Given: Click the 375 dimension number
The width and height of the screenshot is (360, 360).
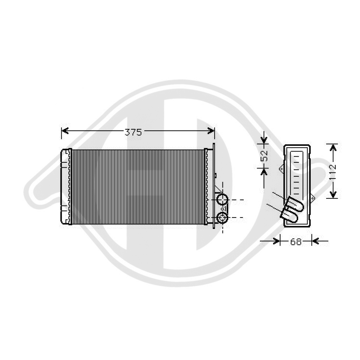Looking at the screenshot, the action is point(133,132).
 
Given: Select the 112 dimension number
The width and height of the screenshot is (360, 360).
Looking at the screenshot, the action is point(333,171).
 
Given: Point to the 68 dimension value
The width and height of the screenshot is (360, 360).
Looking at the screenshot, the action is point(296,242).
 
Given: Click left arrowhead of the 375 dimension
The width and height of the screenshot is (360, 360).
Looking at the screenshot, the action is point(65,131).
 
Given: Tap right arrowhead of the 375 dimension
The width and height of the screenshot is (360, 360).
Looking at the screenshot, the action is point(211,131).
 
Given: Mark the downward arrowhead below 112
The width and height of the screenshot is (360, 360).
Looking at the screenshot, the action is point(333,194).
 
